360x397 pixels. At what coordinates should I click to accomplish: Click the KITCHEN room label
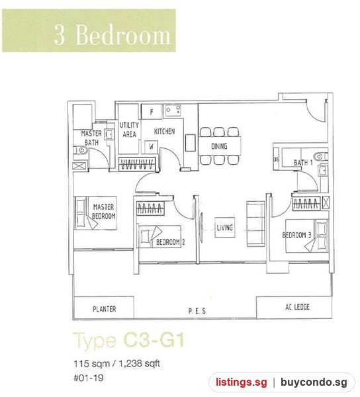(x=164, y=131)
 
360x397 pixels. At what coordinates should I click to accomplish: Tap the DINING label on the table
(x=219, y=146)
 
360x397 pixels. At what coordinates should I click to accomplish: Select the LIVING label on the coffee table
(x=225, y=228)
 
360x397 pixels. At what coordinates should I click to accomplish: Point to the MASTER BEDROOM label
(x=103, y=212)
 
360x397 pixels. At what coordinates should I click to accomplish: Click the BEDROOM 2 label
(x=170, y=242)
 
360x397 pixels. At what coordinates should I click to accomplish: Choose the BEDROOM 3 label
(x=296, y=235)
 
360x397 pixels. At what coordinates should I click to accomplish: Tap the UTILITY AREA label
(x=129, y=130)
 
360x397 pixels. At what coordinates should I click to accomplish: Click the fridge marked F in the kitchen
(x=152, y=112)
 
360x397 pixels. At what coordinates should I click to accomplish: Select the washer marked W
(x=151, y=147)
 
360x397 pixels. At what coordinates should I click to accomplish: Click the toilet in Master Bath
(x=81, y=150)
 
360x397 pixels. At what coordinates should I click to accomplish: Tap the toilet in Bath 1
(x=321, y=156)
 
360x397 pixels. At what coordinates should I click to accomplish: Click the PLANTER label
(x=104, y=309)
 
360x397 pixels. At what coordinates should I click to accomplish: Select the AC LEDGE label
(x=297, y=307)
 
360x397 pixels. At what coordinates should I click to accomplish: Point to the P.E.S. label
(x=197, y=311)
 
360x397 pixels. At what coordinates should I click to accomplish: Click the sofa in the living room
(x=255, y=224)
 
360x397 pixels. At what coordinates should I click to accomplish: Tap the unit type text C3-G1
(x=154, y=340)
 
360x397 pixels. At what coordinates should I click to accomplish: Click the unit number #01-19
(x=89, y=378)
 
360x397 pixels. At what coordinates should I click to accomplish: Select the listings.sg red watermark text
(x=242, y=382)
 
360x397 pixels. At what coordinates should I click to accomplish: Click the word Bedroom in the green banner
(x=123, y=35)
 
